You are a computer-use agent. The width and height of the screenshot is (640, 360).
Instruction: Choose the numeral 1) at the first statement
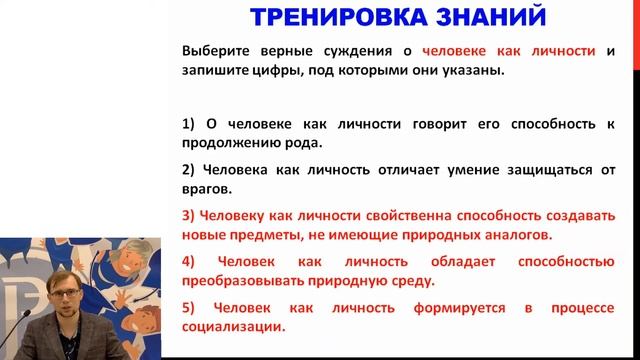pos(189,124)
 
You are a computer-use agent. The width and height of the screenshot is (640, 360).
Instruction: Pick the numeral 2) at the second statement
pos(189,168)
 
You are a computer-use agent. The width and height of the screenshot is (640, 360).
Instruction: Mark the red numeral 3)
pos(189,213)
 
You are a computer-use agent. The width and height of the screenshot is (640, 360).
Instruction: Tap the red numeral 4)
pos(189,261)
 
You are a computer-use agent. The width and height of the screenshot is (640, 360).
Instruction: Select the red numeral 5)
pos(189,306)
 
